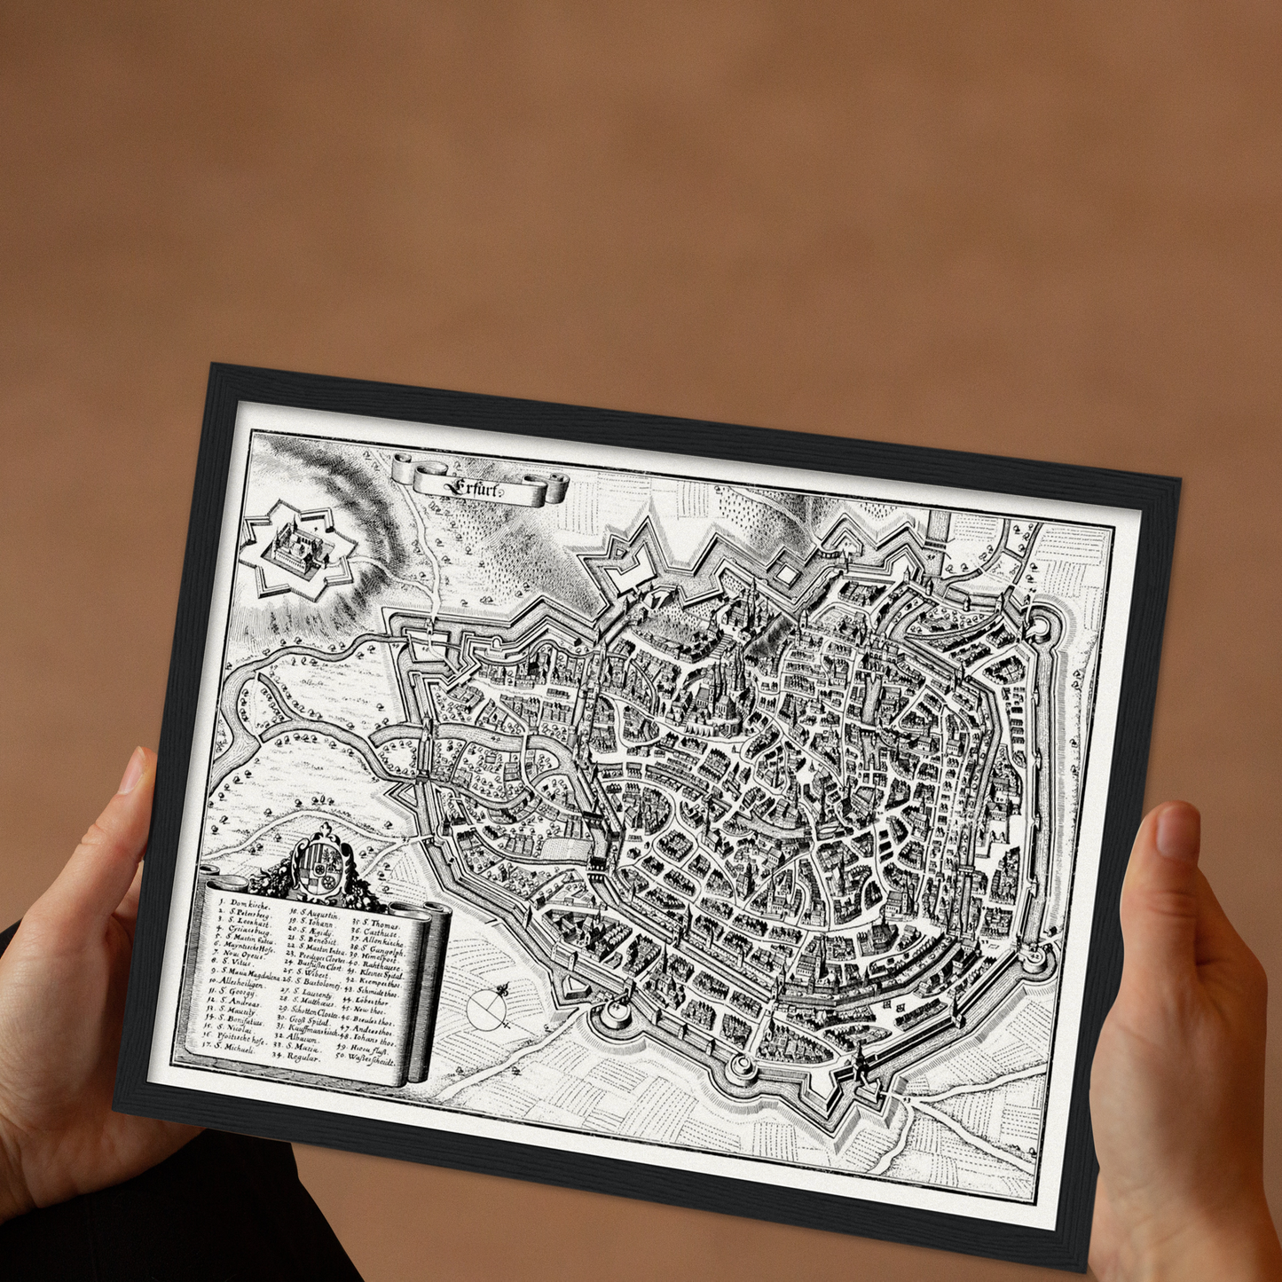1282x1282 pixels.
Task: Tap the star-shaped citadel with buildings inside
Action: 299,549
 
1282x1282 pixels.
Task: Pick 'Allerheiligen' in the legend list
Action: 236,983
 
